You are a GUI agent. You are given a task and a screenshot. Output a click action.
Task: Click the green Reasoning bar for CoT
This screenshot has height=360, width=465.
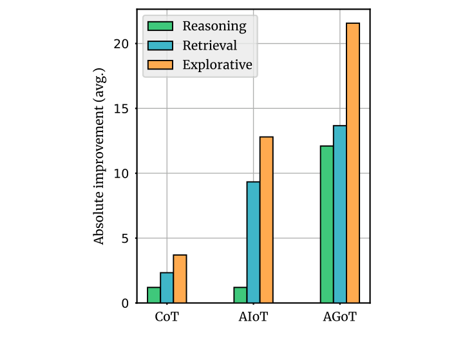point(154,295)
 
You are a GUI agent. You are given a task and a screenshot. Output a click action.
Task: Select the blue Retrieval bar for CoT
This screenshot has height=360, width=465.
point(167,288)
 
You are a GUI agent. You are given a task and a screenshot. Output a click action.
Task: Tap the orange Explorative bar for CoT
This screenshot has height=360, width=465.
point(180,279)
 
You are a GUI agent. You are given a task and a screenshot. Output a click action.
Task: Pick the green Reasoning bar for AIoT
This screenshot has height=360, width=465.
point(240,295)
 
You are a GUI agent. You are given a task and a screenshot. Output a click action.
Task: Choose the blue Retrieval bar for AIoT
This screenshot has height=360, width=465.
point(253,242)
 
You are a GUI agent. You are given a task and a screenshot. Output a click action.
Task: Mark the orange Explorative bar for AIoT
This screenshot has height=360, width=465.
point(266,220)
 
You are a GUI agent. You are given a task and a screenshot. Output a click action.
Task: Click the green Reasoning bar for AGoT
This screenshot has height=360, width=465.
point(327,224)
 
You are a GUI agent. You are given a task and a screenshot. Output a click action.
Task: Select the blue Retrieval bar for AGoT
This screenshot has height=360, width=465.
point(339,214)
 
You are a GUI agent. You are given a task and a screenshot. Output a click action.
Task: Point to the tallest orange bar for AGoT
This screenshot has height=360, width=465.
point(352,163)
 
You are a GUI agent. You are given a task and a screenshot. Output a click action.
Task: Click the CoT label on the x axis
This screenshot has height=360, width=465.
point(167,317)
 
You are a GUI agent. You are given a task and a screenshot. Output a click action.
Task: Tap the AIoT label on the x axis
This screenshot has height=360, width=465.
point(253,317)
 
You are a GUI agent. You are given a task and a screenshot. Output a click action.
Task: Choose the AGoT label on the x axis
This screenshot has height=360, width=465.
point(339,317)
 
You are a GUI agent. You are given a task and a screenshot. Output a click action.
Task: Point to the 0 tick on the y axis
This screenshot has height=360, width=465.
point(125,303)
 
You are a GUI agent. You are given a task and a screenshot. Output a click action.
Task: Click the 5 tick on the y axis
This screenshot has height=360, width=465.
point(125,238)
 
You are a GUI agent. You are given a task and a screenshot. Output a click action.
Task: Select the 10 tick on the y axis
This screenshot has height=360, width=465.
point(122,173)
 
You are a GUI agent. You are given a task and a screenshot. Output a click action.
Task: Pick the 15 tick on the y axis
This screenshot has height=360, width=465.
point(122,109)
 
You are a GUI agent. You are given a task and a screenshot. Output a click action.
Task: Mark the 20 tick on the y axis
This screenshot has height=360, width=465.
point(122,44)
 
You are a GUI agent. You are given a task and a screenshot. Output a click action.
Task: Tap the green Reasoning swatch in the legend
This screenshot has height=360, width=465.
point(160,26)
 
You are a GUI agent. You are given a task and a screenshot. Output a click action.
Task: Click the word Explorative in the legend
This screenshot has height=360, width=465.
point(216,64)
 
